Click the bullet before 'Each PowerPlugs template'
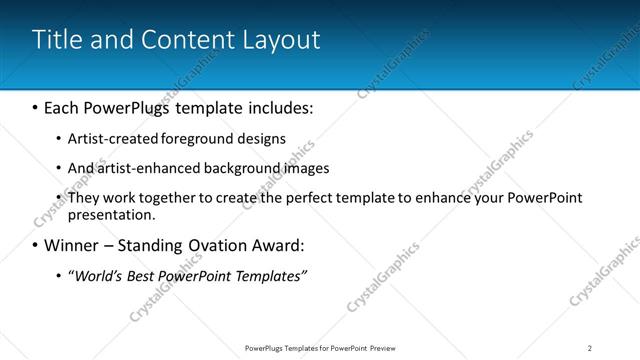(x=36, y=106)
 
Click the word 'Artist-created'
(x=105, y=138)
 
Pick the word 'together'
(x=161, y=198)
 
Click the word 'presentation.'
(x=111, y=214)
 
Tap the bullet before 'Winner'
(x=36, y=245)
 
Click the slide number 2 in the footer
(x=590, y=347)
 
